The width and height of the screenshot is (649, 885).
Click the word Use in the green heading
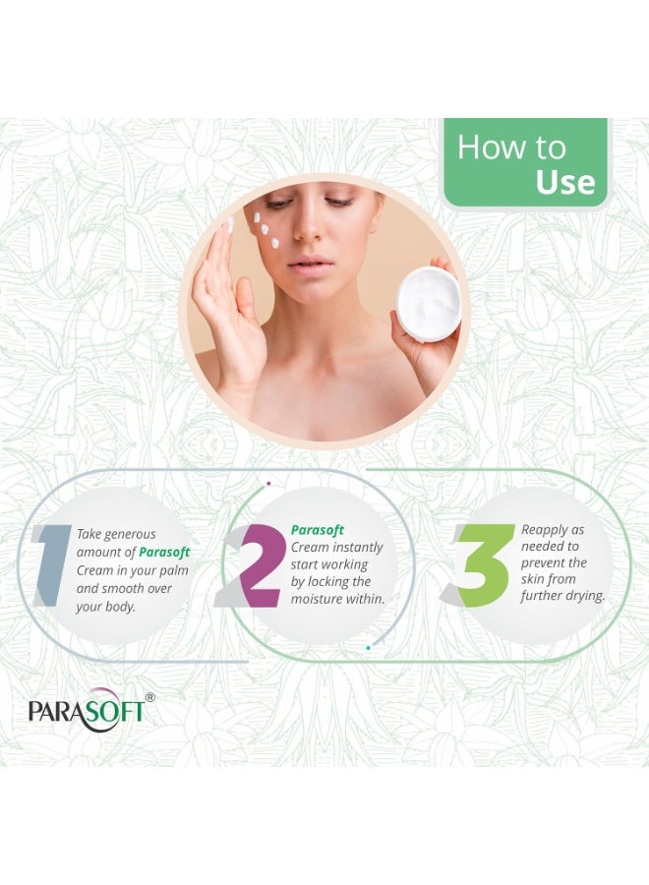point(565,182)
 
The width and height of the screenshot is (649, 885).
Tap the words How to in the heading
point(511,147)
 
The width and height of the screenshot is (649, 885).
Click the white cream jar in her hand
point(428,306)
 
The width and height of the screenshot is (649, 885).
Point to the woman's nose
point(313,232)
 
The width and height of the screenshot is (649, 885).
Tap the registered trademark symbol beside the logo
point(149,697)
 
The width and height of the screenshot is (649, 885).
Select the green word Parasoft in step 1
point(164,553)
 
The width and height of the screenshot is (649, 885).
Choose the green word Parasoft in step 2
point(317,530)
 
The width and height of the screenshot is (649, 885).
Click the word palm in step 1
point(171,570)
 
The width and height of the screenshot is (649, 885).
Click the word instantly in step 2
point(357,547)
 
